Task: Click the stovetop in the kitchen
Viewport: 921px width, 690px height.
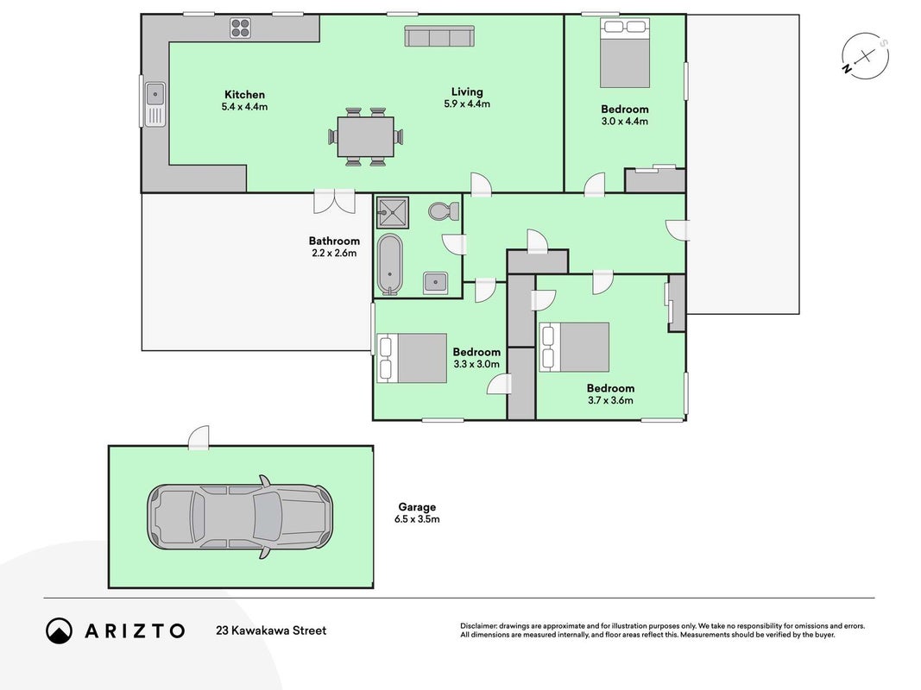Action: pyautogui.click(x=240, y=28)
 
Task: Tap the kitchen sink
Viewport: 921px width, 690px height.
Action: pyautogui.click(x=155, y=103)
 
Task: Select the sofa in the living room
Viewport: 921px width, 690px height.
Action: pyautogui.click(x=439, y=35)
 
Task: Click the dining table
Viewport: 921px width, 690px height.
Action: pyautogui.click(x=365, y=137)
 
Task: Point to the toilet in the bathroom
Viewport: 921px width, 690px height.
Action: pyautogui.click(x=444, y=210)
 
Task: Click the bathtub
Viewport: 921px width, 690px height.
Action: pyautogui.click(x=390, y=264)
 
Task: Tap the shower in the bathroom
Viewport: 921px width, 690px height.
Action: pyautogui.click(x=393, y=212)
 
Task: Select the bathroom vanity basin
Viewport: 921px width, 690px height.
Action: pyautogui.click(x=435, y=284)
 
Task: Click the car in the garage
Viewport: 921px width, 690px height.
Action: pyautogui.click(x=240, y=517)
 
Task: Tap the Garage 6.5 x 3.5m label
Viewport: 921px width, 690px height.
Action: pyautogui.click(x=417, y=513)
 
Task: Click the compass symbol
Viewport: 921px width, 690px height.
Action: pyautogui.click(x=865, y=56)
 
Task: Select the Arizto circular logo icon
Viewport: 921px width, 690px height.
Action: pyautogui.click(x=59, y=630)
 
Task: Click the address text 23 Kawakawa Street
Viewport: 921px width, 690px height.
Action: pyautogui.click(x=271, y=630)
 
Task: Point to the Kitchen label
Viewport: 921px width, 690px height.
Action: pyautogui.click(x=244, y=95)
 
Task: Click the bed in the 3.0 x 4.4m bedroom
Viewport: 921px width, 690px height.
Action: pyautogui.click(x=624, y=53)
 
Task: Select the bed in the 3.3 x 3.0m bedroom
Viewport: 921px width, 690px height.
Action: pyautogui.click(x=412, y=358)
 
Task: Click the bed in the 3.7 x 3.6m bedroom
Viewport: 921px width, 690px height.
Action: pyautogui.click(x=575, y=347)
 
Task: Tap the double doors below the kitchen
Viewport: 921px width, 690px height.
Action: pyautogui.click(x=334, y=201)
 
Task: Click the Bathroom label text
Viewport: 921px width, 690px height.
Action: pyautogui.click(x=334, y=241)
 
